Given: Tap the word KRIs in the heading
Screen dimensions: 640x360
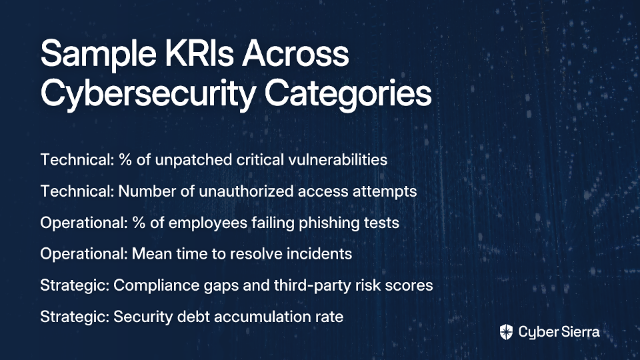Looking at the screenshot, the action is [x=199, y=53].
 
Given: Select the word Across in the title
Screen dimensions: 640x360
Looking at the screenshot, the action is [x=295, y=53].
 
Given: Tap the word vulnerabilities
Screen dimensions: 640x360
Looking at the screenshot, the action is [x=338, y=159].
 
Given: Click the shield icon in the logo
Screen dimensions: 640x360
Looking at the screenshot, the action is [x=506, y=332].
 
